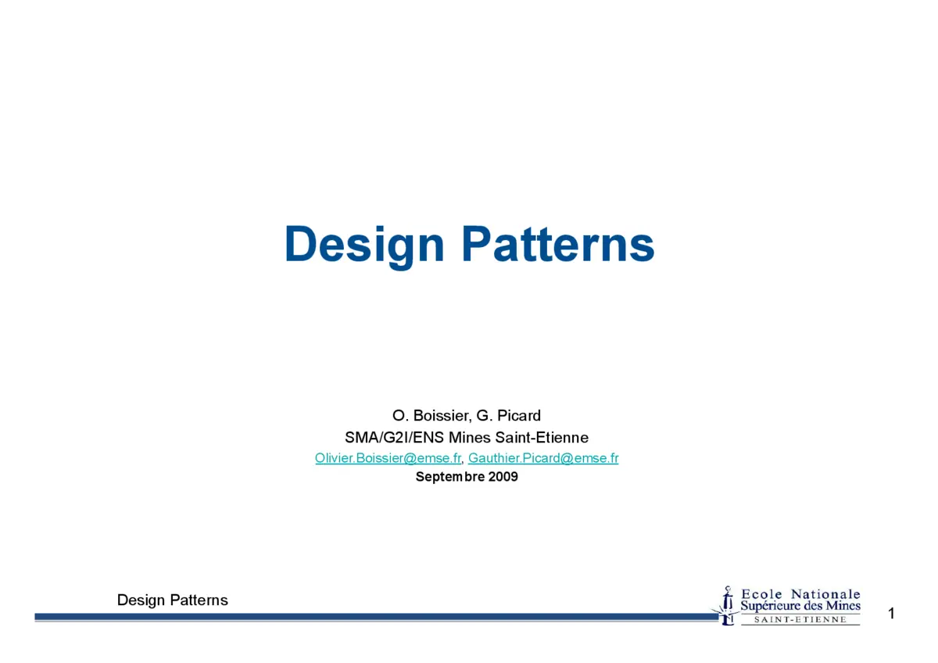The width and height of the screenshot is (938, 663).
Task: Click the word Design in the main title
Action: [364, 244]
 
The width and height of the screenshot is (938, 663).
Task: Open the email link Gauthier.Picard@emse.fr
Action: [543, 458]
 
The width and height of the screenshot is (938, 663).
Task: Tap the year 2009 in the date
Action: [503, 476]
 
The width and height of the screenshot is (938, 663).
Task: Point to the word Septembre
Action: [450, 476]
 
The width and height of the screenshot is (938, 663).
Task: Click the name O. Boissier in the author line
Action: [431, 415]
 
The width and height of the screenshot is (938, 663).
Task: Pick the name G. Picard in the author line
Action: [509, 415]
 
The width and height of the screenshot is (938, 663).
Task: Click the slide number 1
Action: [891, 614]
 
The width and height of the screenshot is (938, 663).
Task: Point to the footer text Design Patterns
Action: [173, 600]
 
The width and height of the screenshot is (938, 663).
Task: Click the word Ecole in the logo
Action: [761, 594]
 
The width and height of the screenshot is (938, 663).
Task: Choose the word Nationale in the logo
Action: [825, 594]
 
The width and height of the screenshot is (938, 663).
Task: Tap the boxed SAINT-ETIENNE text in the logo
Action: [800, 620]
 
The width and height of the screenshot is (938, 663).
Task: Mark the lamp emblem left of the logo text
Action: [727, 605]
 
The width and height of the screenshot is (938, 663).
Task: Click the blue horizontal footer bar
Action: [375, 617]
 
